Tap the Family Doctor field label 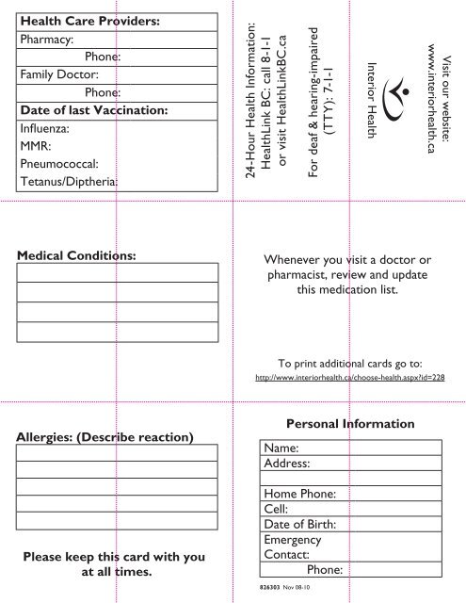coord(59,73)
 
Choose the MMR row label coord(33,147)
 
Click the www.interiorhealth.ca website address coord(432,100)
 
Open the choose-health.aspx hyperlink coord(350,377)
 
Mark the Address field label coord(289,464)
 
